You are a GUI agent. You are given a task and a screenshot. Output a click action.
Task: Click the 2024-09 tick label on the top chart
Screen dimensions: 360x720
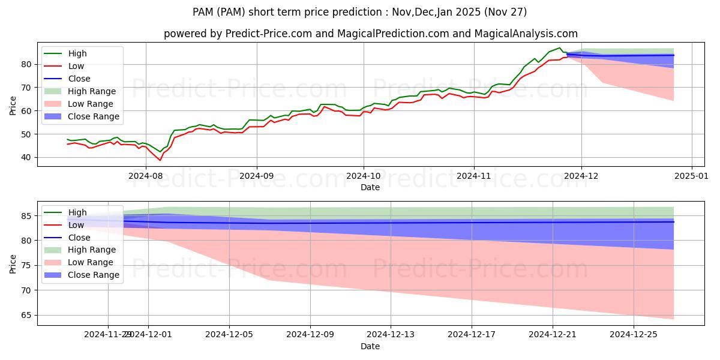click(x=257, y=176)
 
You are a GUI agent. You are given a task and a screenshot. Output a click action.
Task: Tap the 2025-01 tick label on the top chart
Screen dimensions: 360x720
click(x=692, y=176)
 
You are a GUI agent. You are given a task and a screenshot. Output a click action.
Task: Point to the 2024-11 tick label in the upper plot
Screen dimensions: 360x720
click(x=474, y=176)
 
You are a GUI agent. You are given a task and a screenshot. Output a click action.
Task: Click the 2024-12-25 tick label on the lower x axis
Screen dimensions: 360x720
click(x=634, y=335)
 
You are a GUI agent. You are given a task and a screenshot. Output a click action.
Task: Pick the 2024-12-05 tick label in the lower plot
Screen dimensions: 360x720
click(x=229, y=335)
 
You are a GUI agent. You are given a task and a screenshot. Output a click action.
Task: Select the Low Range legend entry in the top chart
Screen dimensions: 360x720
click(x=93, y=104)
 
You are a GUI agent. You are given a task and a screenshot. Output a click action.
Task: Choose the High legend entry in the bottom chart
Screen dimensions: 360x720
click(x=77, y=212)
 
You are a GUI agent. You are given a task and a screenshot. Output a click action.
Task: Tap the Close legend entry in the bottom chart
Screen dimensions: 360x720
click(x=79, y=238)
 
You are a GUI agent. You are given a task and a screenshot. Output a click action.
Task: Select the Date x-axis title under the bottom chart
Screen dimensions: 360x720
click(x=370, y=346)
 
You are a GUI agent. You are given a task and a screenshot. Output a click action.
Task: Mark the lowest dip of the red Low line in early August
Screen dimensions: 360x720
click(x=160, y=160)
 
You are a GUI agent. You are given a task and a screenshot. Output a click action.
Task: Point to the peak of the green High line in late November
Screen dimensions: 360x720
click(x=559, y=48)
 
